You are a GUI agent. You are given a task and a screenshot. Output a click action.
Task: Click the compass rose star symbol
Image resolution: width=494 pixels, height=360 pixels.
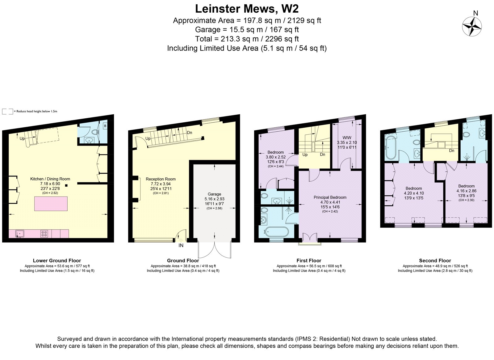click(x=472, y=27)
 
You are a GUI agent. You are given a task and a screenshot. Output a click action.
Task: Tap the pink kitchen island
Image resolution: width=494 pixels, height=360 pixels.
click(x=51, y=204)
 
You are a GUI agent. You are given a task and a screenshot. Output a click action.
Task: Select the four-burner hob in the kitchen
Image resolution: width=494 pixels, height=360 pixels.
click(x=44, y=234)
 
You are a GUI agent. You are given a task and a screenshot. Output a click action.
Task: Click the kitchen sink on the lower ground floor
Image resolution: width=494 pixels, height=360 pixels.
click(x=20, y=234)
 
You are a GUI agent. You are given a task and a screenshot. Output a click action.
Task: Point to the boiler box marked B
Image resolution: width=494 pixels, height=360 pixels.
click(x=105, y=126)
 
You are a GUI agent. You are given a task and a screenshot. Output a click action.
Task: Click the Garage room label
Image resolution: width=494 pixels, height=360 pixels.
click(x=214, y=194)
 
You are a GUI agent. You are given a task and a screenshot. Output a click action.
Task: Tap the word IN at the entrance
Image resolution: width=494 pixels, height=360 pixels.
click(x=181, y=245)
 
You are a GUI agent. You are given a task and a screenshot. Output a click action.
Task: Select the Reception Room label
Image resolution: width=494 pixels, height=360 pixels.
click(x=161, y=179)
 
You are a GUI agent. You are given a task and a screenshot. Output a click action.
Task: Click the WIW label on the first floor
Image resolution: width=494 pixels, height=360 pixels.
click(x=347, y=138)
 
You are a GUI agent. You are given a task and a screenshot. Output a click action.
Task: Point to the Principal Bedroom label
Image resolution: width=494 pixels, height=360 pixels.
click(x=330, y=197)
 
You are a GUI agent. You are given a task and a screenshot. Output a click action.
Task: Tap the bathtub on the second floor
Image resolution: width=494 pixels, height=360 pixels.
click(x=391, y=147)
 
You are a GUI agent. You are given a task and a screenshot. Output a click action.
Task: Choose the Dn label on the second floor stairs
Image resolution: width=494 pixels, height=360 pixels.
click(x=452, y=150)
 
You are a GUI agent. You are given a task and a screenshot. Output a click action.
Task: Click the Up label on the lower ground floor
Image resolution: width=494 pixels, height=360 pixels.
click(x=22, y=139)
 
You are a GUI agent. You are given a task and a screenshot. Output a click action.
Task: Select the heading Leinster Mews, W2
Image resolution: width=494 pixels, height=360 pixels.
click(x=247, y=9)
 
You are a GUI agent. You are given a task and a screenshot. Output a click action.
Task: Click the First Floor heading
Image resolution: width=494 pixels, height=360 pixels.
click(x=309, y=260)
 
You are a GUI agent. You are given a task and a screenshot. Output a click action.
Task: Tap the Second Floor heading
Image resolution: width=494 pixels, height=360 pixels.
click(x=435, y=260)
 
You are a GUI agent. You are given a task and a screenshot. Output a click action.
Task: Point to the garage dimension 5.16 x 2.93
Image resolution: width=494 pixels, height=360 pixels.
click(x=214, y=199)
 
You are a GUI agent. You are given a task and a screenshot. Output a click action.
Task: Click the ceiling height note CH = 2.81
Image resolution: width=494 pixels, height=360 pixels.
click(x=161, y=193)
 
